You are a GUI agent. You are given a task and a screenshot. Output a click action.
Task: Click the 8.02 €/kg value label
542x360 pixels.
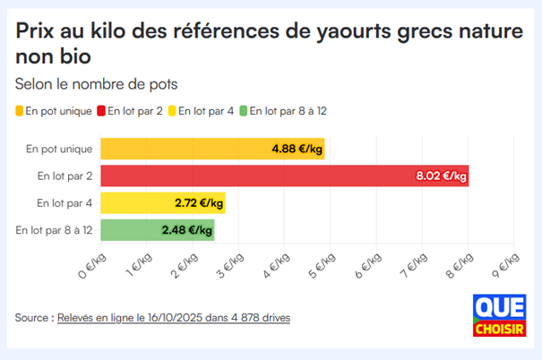pos(441,176)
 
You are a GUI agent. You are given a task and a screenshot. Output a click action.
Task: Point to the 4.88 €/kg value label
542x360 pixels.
pos(297,149)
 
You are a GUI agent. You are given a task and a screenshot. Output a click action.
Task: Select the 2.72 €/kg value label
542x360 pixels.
pos(198,203)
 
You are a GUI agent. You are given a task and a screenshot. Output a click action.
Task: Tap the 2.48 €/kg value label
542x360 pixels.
pos(186,230)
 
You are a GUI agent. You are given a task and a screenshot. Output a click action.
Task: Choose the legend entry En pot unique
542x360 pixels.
pos(56,111)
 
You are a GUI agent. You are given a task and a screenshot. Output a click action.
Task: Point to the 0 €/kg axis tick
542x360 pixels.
pos(92,265)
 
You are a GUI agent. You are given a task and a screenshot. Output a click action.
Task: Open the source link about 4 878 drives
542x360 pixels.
pos(173,318)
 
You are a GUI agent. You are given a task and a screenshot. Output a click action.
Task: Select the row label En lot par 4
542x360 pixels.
pos(65,203)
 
